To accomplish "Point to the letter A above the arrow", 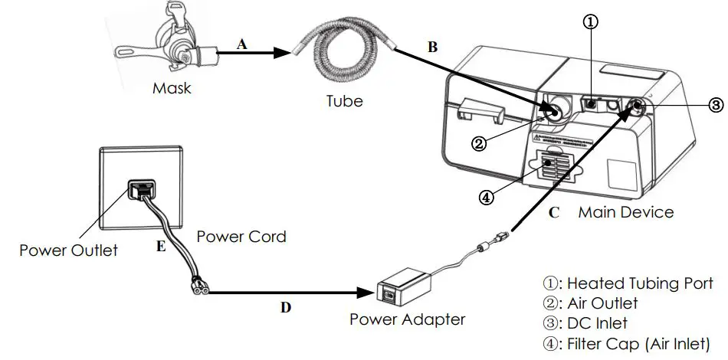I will click(242, 44).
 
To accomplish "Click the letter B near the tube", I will click(432, 47).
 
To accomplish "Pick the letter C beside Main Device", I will click(553, 212).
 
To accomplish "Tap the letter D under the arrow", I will click(285, 307).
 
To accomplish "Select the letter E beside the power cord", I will click(161, 247).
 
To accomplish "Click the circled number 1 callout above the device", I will click(591, 22).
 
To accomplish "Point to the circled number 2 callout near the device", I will click(478, 143).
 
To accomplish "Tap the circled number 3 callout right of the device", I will click(714, 104).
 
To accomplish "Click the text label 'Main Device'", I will click(625, 212).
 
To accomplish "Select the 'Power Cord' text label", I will click(241, 236).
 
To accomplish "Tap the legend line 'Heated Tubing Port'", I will click(628, 283).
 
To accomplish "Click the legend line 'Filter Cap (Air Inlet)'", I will click(627, 343).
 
